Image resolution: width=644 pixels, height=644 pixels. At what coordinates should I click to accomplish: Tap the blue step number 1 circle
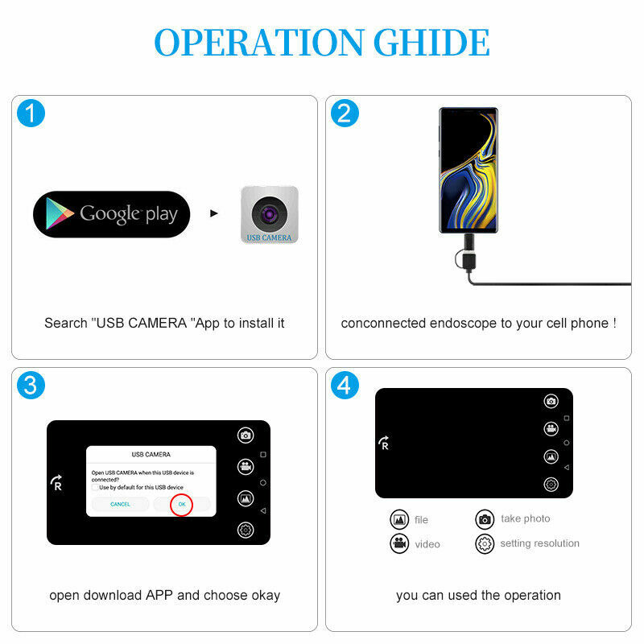pos(31,114)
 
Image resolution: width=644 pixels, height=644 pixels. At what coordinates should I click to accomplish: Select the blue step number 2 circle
pos(345,114)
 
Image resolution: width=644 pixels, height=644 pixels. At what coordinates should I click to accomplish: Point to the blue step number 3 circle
pos(31,385)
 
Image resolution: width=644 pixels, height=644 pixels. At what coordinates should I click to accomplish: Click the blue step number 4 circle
pos(345,385)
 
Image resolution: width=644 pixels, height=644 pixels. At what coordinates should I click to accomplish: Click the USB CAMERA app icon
pos(270,214)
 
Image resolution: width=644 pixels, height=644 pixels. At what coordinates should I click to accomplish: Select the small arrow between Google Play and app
pos(213,214)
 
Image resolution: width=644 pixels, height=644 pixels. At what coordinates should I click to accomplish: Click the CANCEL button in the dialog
pos(120,504)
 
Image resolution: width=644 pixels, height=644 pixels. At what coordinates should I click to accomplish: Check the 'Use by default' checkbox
pos(95,487)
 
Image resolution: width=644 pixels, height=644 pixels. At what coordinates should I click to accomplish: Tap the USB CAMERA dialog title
pos(151,455)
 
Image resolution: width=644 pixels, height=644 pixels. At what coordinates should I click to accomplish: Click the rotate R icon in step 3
pos(56,483)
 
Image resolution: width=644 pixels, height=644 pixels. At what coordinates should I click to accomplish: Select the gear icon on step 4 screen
pos(551,484)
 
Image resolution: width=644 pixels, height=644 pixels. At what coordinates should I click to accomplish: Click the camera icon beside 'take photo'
pos(485,519)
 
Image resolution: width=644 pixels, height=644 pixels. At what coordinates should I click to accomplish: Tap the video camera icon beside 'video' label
pos(399,543)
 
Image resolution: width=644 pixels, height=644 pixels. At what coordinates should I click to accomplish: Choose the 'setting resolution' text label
pos(539,543)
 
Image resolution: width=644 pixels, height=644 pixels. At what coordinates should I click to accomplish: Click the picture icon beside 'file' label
pos(399,519)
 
